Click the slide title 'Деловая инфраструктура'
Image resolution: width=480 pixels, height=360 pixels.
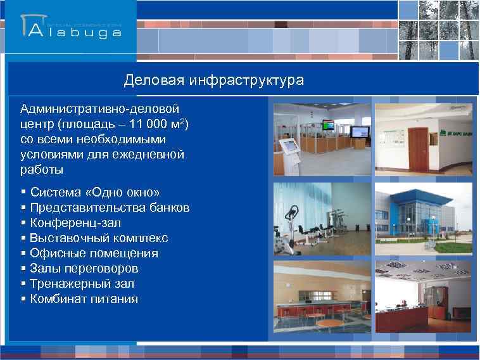click(x=213, y=80)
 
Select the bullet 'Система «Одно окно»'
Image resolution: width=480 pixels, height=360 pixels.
click(x=95, y=192)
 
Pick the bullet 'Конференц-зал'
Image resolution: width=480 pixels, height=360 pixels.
click(x=75, y=222)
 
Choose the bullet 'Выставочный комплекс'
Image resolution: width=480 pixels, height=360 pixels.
click(x=99, y=238)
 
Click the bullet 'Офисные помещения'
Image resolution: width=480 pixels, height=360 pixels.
click(x=94, y=253)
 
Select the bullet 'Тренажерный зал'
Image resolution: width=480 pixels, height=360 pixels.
click(x=82, y=283)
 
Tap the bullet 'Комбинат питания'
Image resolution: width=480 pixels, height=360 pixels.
click(x=84, y=299)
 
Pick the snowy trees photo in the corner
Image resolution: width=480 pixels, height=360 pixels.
click(x=438, y=30)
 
